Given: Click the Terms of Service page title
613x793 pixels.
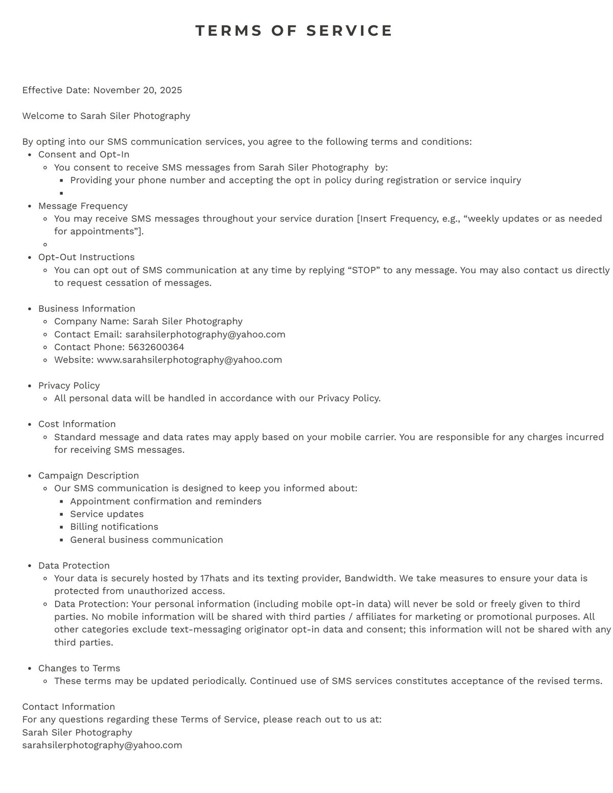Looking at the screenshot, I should pos(294,31).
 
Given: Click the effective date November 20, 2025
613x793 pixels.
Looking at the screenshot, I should pos(137,90).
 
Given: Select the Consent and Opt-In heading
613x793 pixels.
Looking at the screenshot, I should pos(84,154).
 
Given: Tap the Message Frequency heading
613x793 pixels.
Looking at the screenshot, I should pos(83,206).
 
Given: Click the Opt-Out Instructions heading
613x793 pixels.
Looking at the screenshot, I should pos(86,257).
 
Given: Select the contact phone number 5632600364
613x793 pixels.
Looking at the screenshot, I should pos(156,347).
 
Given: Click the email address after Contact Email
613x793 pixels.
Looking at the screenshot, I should pos(205,334).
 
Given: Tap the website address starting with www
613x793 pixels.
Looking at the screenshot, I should pos(189,359).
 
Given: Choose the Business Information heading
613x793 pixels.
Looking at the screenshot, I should pos(87,308).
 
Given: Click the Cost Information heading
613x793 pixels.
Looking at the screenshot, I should pos(77,424).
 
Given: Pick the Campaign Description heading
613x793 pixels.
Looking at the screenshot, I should pos(88,475).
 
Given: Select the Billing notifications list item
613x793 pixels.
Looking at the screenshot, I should pos(114,526).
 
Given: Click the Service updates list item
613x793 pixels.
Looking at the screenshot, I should pos(107,514).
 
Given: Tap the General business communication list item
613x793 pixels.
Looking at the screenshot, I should pos(147,540).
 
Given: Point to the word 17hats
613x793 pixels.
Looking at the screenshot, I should pos(215,578).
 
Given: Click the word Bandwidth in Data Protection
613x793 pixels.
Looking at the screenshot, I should pos(369,578).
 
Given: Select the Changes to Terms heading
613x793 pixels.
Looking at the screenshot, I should pos(79,668).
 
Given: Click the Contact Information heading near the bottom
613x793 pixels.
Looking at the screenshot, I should pos(68,707).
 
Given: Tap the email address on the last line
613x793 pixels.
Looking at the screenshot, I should pos(102,745).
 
